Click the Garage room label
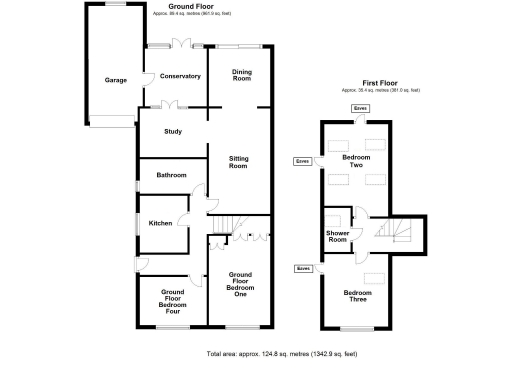[x=115, y=80]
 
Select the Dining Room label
[x=241, y=75]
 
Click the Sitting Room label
[x=238, y=162]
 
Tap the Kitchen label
[x=161, y=223]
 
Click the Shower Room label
[x=337, y=236]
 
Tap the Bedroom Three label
[x=357, y=296]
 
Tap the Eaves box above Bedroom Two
[x=360, y=107]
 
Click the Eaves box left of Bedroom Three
[x=304, y=268]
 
